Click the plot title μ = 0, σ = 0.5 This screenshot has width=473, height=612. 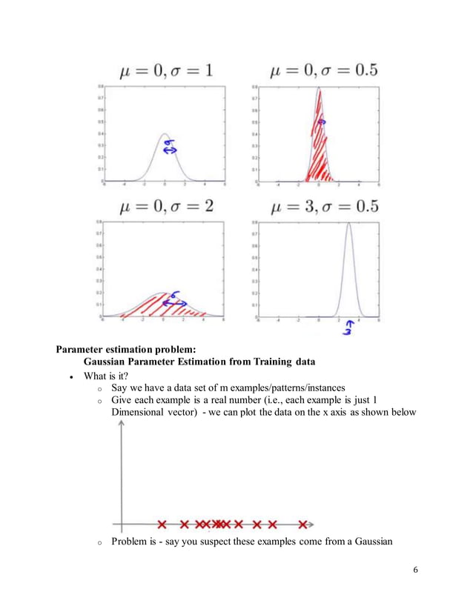[323, 71]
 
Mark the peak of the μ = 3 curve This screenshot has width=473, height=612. [350, 227]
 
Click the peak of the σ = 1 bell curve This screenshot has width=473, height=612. [165, 134]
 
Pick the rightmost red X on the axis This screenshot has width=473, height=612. [302, 525]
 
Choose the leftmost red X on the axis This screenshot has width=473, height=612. [162, 525]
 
